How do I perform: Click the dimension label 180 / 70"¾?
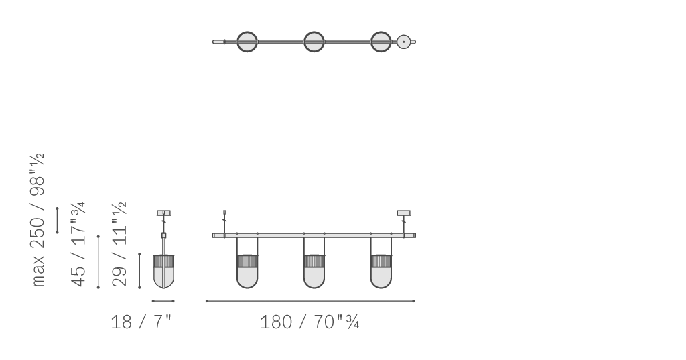point(310,322)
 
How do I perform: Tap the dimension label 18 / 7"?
point(141,322)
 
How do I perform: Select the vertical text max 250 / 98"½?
point(38,220)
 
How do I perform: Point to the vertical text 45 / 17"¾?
point(78,245)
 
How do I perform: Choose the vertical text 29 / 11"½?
point(119,245)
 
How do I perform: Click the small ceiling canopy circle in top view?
point(403,42)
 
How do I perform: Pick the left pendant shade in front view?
point(247,272)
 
